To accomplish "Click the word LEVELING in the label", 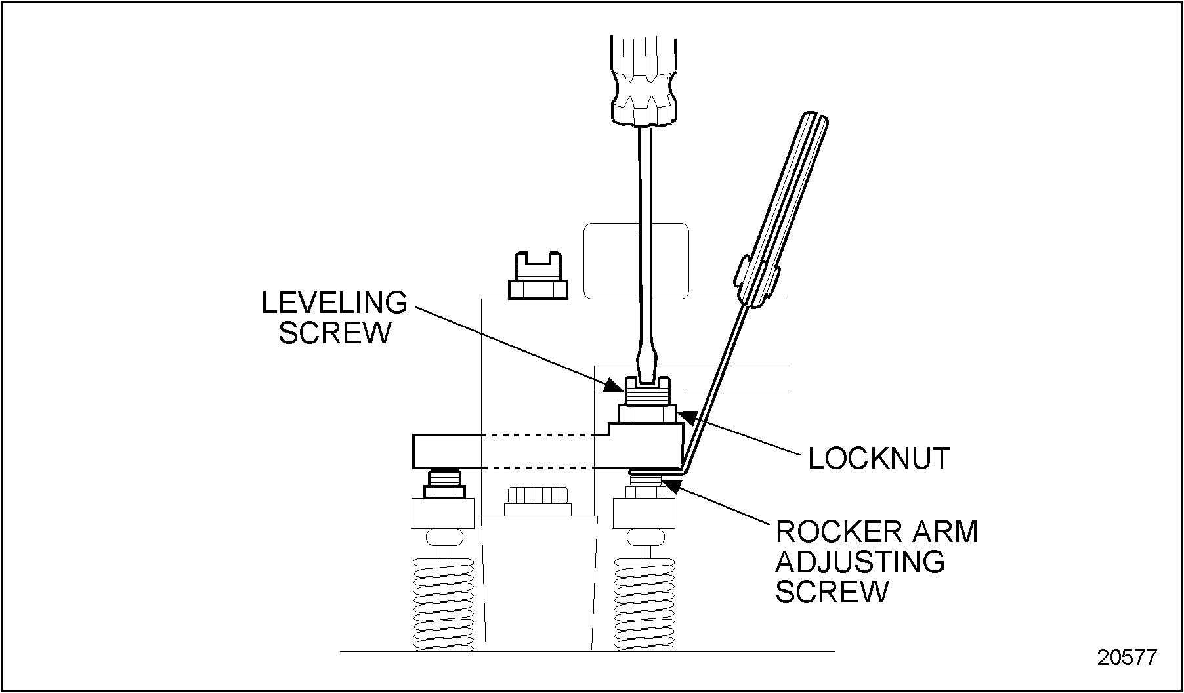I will (334, 303).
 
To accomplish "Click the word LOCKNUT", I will (879, 458).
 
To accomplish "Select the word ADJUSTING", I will (860, 562).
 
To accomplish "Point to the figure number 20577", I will (1127, 658).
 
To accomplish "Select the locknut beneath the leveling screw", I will (647, 414).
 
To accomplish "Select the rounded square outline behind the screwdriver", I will (635, 261).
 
